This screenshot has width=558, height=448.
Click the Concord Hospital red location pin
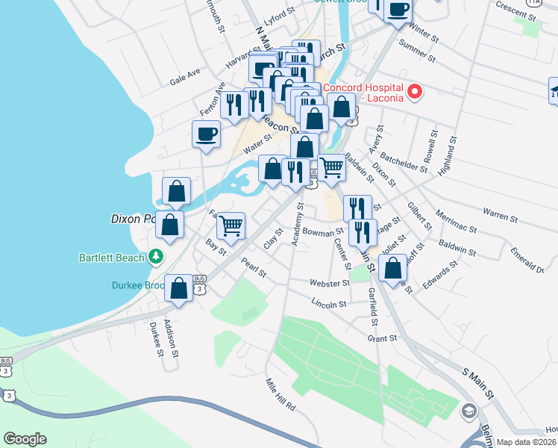click(x=414, y=93)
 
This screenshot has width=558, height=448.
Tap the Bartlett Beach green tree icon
click(x=156, y=257)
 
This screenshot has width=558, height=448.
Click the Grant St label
click(x=381, y=338)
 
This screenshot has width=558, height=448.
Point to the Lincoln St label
click(x=329, y=304)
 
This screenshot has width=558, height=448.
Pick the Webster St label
click(x=330, y=284)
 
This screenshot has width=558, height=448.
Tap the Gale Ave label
click(x=186, y=75)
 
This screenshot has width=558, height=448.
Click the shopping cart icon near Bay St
click(x=231, y=223)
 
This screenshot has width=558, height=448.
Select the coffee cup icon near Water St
click(x=206, y=134)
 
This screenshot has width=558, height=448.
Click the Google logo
click(x=25, y=439)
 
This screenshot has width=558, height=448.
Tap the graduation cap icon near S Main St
click(x=468, y=411)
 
